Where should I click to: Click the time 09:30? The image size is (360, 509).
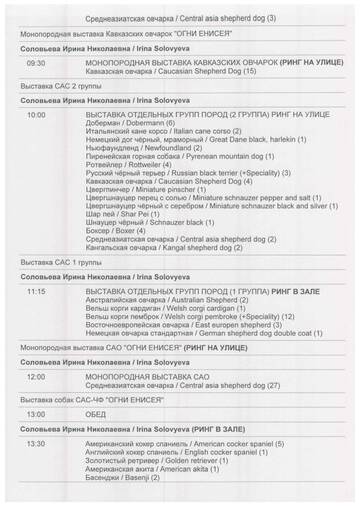tap(35, 62)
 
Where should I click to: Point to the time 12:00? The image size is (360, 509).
tap(35, 376)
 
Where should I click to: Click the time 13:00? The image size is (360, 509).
tap(35, 414)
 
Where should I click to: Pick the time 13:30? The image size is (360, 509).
tap(35, 443)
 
